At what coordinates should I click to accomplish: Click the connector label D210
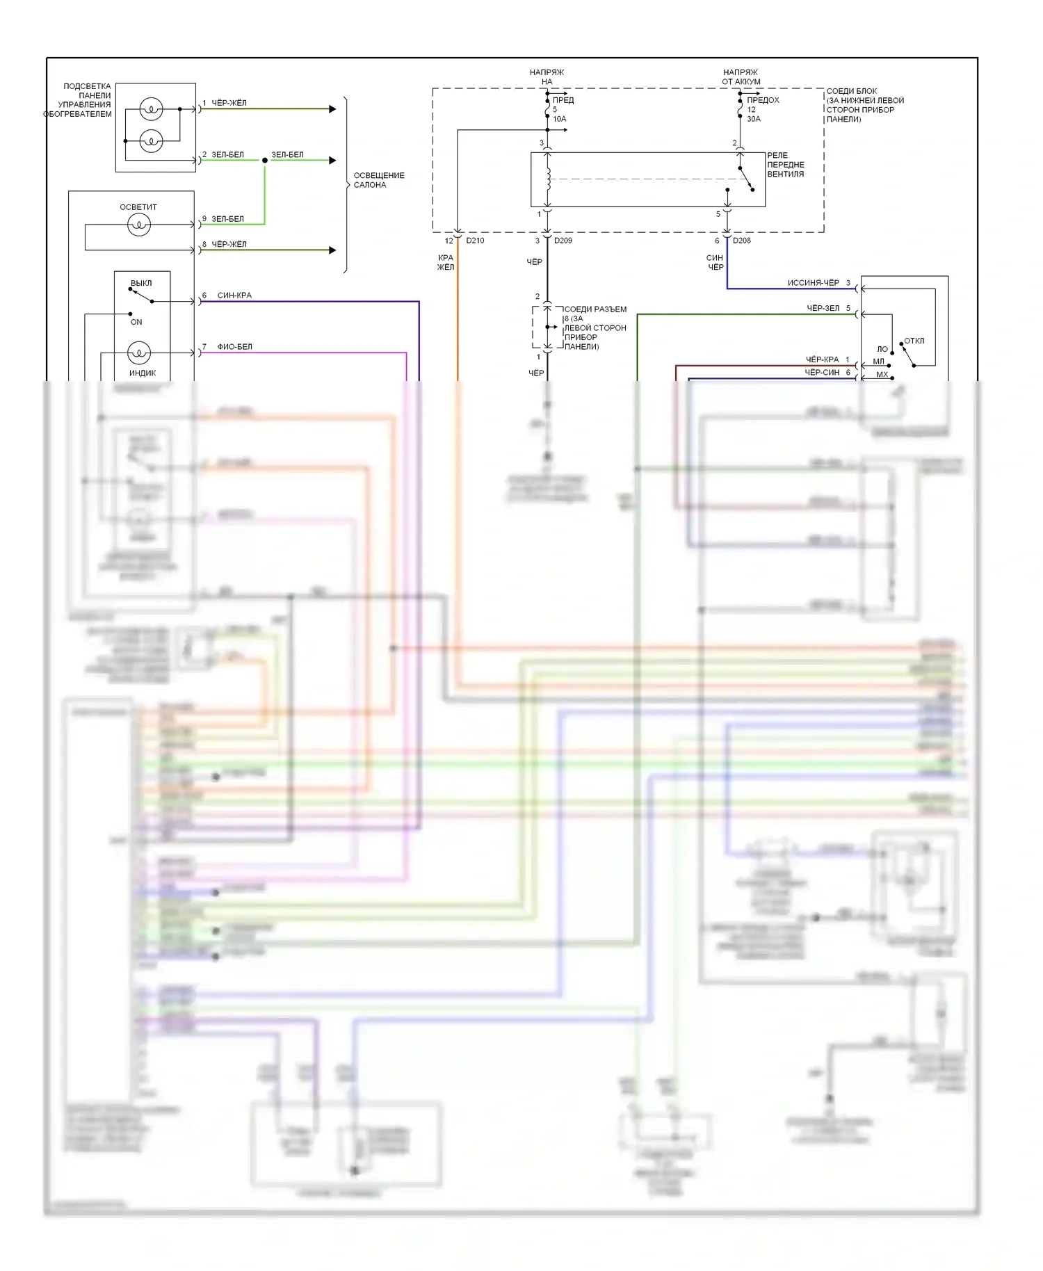475,241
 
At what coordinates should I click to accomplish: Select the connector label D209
563,241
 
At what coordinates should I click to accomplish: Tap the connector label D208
741,241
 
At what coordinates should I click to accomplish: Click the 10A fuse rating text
559,119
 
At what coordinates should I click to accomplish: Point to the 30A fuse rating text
753,119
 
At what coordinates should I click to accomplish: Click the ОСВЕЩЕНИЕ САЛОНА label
378,180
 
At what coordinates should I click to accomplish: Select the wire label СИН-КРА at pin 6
234,296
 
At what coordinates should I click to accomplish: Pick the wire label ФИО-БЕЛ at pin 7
234,347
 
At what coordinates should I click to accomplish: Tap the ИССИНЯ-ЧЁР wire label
813,283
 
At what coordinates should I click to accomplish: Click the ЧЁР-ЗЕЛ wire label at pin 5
823,308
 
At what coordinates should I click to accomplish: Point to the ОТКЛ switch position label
914,341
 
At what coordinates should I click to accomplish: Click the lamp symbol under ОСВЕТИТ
139,225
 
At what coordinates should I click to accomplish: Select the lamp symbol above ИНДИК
139,353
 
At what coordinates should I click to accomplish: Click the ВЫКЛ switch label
141,283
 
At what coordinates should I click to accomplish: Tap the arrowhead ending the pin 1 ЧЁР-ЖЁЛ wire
332,109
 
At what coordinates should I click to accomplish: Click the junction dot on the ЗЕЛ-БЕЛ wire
265,161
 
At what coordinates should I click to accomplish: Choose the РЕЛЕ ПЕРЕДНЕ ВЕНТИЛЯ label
785,165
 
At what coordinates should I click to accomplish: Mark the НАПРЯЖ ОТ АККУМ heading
741,76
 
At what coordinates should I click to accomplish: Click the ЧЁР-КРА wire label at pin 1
822,359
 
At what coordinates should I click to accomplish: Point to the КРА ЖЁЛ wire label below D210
446,262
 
